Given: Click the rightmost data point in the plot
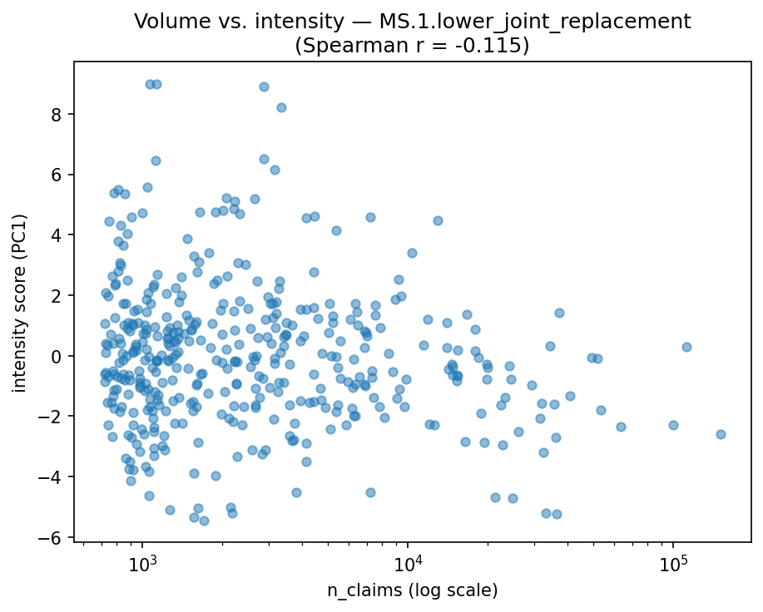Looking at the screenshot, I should click(721, 434).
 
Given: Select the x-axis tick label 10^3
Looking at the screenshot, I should click(142, 561).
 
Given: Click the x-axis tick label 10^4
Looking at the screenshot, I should click(408, 561).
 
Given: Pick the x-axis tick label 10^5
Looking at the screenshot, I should click(673, 561).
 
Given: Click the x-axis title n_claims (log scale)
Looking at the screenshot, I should click(412, 591).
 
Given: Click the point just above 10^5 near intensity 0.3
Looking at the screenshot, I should click(686, 347).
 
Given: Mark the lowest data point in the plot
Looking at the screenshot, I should click(204, 521).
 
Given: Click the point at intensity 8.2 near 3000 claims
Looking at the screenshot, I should click(281, 107).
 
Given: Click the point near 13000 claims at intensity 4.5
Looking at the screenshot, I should click(438, 220).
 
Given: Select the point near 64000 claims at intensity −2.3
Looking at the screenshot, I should click(621, 427).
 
